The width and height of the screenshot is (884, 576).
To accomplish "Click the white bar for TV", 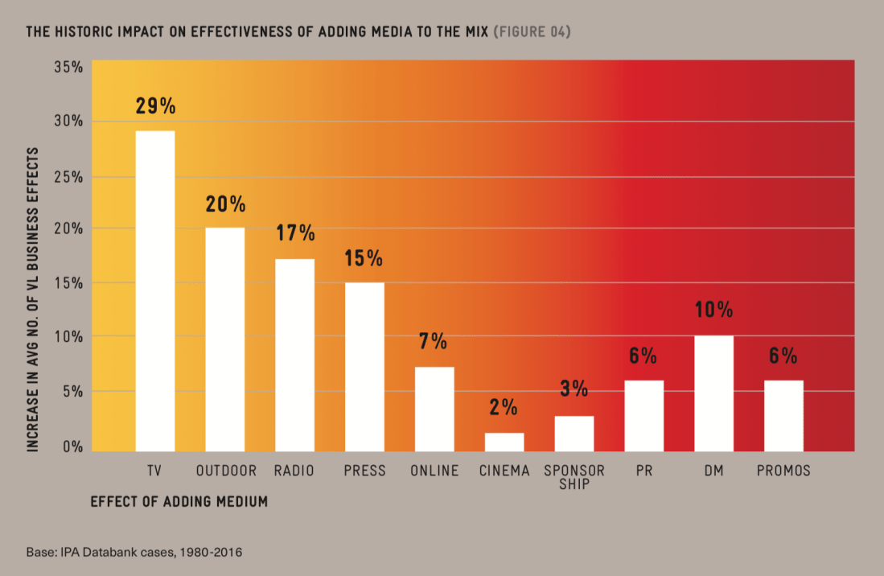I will click(154, 290).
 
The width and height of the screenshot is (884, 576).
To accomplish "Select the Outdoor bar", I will click(224, 339).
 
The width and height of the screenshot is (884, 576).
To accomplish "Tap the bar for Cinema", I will click(504, 442).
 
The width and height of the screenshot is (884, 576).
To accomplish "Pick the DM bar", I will click(713, 393).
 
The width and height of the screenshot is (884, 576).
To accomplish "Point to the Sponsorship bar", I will click(574, 433).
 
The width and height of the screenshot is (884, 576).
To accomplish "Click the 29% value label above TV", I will click(155, 106).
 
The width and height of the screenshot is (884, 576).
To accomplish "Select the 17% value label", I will click(294, 233).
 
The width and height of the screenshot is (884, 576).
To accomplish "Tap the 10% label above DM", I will click(713, 310).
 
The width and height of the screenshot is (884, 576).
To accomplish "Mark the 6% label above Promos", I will click(783, 356).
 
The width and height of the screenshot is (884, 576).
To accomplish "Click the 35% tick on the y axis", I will click(68, 67).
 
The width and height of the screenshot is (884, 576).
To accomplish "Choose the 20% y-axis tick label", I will click(68, 228).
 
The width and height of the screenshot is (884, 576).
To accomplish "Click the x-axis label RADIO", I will click(294, 471).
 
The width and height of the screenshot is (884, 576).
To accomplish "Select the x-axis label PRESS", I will click(364, 471).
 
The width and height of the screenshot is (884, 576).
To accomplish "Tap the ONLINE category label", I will click(434, 471).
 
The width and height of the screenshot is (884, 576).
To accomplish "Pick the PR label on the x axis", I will click(643, 471).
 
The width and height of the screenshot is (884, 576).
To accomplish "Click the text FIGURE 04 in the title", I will click(531, 32).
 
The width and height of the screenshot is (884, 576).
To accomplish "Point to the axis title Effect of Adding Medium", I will click(179, 501).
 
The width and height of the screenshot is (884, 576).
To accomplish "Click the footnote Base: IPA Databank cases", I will click(134, 553).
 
